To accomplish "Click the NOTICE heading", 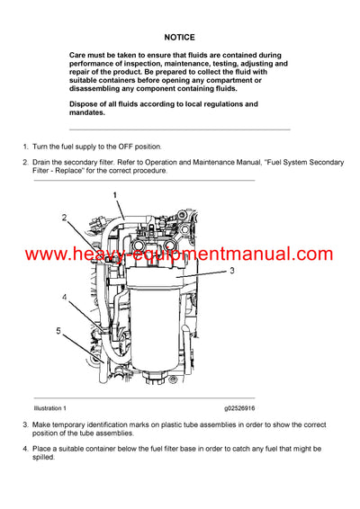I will pyautogui.click(x=180, y=39).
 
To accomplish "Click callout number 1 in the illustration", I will pyautogui.click(x=114, y=194).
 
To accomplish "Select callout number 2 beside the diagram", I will pyautogui.click(x=64, y=218).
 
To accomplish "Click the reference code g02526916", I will pyautogui.click(x=235, y=407).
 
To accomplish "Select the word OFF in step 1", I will pyautogui.click(x=114, y=146).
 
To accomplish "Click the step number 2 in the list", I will pyautogui.click(x=25, y=162).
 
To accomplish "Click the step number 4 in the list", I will pyautogui.click(x=25, y=448).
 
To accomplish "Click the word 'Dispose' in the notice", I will pyautogui.click(x=86, y=104).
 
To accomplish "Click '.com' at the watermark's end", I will pyautogui.click(x=313, y=254).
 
